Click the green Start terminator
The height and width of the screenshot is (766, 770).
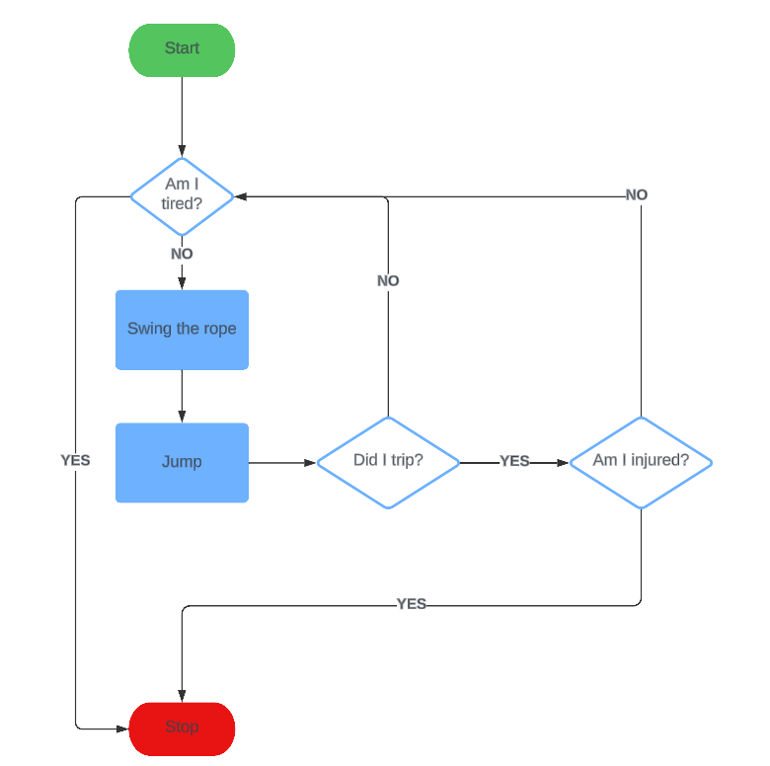pyautogui.click(x=182, y=50)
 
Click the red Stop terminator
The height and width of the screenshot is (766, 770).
pyautogui.click(x=182, y=728)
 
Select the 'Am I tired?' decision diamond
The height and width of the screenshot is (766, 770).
pyautogui.click(x=182, y=196)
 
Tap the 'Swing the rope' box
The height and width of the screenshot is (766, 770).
pyautogui.click(x=182, y=330)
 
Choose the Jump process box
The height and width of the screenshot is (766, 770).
pyautogui.click(x=182, y=463)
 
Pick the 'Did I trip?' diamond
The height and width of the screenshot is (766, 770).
pyautogui.click(x=388, y=463)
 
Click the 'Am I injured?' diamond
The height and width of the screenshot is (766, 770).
pyautogui.click(x=641, y=463)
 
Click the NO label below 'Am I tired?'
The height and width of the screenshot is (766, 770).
pyautogui.click(x=182, y=254)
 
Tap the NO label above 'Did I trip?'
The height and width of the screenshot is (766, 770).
pyautogui.click(x=388, y=281)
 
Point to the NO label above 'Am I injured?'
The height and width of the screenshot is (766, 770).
pyautogui.click(x=637, y=194)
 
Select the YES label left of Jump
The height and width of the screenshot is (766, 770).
pyautogui.click(x=75, y=460)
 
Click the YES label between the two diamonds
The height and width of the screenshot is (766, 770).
pyautogui.click(x=514, y=461)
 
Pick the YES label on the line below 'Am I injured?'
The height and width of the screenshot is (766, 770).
pyautogui.click(x=411, y=604)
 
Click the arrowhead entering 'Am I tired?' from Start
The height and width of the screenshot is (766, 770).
pyautogui.click(x=182, y=151)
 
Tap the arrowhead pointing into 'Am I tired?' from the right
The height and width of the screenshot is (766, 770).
pyautogui.click(x=241, y=196)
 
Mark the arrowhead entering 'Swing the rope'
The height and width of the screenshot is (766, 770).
pyautogui.click(x=182, y=283)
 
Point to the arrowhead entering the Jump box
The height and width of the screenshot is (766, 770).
pyautogui.click(x=182, y=417)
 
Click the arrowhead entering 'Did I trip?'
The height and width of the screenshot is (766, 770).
pyautogui.click(x=310, y=463)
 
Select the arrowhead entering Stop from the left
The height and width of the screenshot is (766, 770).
pyautogui.click(x=122, y=729)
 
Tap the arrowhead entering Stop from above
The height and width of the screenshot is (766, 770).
pyautogui.click(x=182, y=696)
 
